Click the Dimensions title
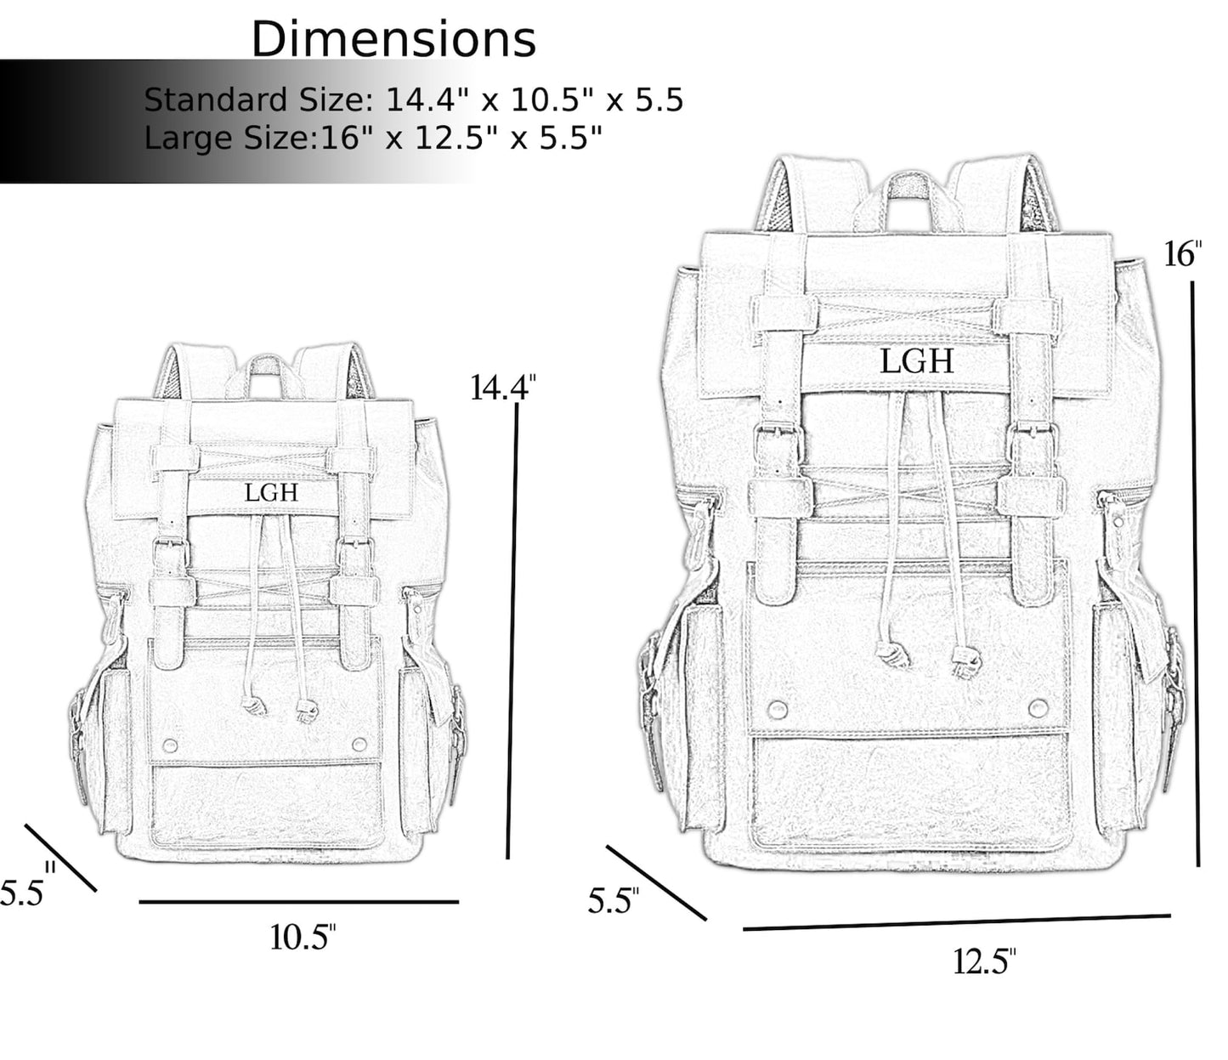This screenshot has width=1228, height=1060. pos(393,39)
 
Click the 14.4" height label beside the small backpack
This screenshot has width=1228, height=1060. pos(502,388)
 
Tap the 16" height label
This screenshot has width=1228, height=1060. pos(1182,254)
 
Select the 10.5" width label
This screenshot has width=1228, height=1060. pos(303,937)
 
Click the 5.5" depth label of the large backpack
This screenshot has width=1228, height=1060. pos(613,900)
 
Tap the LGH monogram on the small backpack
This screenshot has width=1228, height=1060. pos(271,492)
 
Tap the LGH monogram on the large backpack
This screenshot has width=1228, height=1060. pos(916,361)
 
